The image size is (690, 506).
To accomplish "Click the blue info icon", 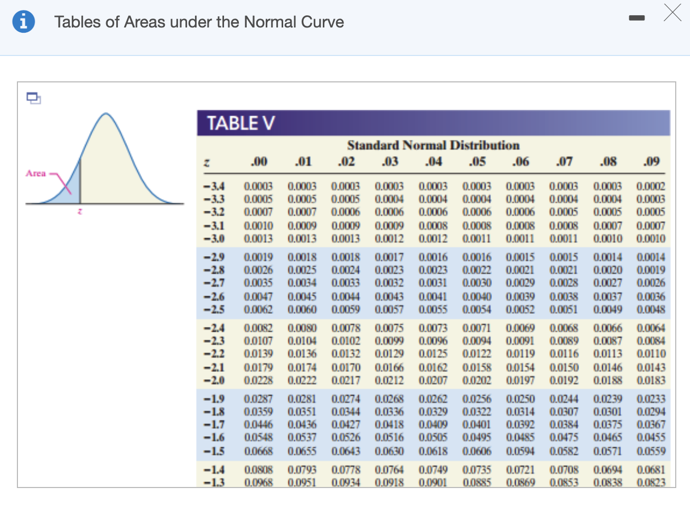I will click(x=23, y=22).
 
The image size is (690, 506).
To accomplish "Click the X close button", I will click(x=673, y=12).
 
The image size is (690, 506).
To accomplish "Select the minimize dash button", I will click(x=637, y=18).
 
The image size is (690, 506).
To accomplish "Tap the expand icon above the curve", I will click(x=34, y=98).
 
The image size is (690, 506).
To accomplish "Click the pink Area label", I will click(x=36, y=173).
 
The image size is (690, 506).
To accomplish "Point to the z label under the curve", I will click(x=79, y=212).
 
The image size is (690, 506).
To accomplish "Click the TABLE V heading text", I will click(x=240, y=123).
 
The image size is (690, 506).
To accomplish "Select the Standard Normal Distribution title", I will click(x=433, y=145).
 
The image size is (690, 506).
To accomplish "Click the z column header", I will click(x=208, y=162).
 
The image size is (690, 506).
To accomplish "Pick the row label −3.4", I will click(x=214, y=186).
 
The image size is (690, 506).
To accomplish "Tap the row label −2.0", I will click(x=214, y=380).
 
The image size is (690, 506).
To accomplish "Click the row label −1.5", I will click(x=214, y=451).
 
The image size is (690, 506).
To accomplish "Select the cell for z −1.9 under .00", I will click(x=258, y=399).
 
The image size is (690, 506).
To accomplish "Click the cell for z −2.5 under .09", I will click(x=651, y=310).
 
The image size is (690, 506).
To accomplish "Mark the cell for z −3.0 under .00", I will click(x=258, y=239).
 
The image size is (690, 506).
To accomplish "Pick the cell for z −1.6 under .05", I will click(x=477, y=437).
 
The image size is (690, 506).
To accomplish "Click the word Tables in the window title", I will click(x=77, y=22).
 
